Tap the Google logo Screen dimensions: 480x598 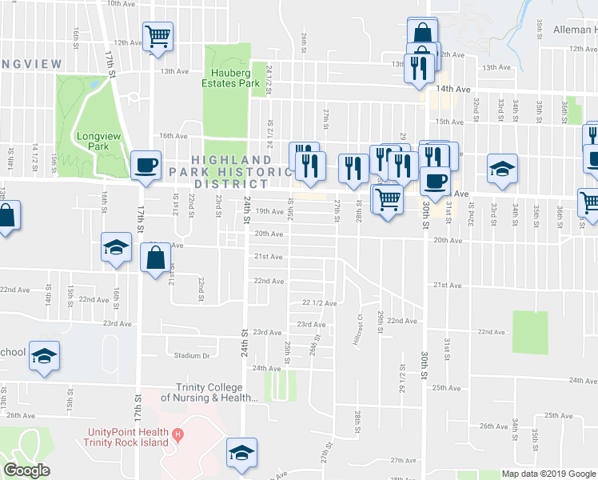27,470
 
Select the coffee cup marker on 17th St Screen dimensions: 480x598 145,165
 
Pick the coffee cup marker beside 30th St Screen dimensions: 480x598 435,180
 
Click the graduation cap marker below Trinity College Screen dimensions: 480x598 241,452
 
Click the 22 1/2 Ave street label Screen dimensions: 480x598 319,303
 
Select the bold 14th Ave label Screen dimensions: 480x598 452,90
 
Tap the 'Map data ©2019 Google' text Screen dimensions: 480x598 548,474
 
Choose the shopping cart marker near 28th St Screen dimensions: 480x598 388,198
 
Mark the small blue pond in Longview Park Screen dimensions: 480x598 95,82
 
